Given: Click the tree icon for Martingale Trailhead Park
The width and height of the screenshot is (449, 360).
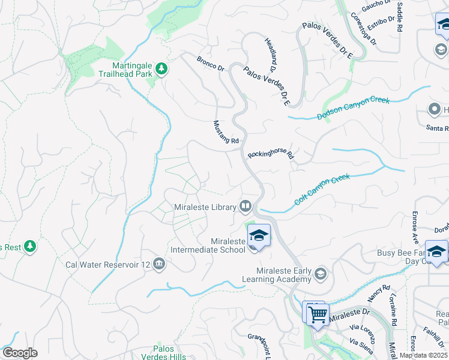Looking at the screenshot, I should coord(161,70).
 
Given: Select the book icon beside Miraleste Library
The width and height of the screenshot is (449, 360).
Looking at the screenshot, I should coord(245,207).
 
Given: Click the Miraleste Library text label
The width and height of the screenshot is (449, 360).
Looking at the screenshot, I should coord(204,208).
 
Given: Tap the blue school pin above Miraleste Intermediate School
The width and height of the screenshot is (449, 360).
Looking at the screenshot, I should coord(259,235).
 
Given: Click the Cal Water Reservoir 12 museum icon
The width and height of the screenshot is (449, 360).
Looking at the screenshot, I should coord(159,264).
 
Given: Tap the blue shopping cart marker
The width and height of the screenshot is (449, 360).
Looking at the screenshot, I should coord(318,314).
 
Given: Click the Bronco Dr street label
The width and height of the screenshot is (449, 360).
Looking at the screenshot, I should coord(210,64).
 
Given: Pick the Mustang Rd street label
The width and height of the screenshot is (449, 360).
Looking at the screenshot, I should coord(226,132).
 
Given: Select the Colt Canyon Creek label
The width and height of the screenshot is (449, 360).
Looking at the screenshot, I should coord(322,189).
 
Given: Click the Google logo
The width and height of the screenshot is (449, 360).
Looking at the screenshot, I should coord(20,353).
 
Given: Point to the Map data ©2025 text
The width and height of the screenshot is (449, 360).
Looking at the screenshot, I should coord(423,355).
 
